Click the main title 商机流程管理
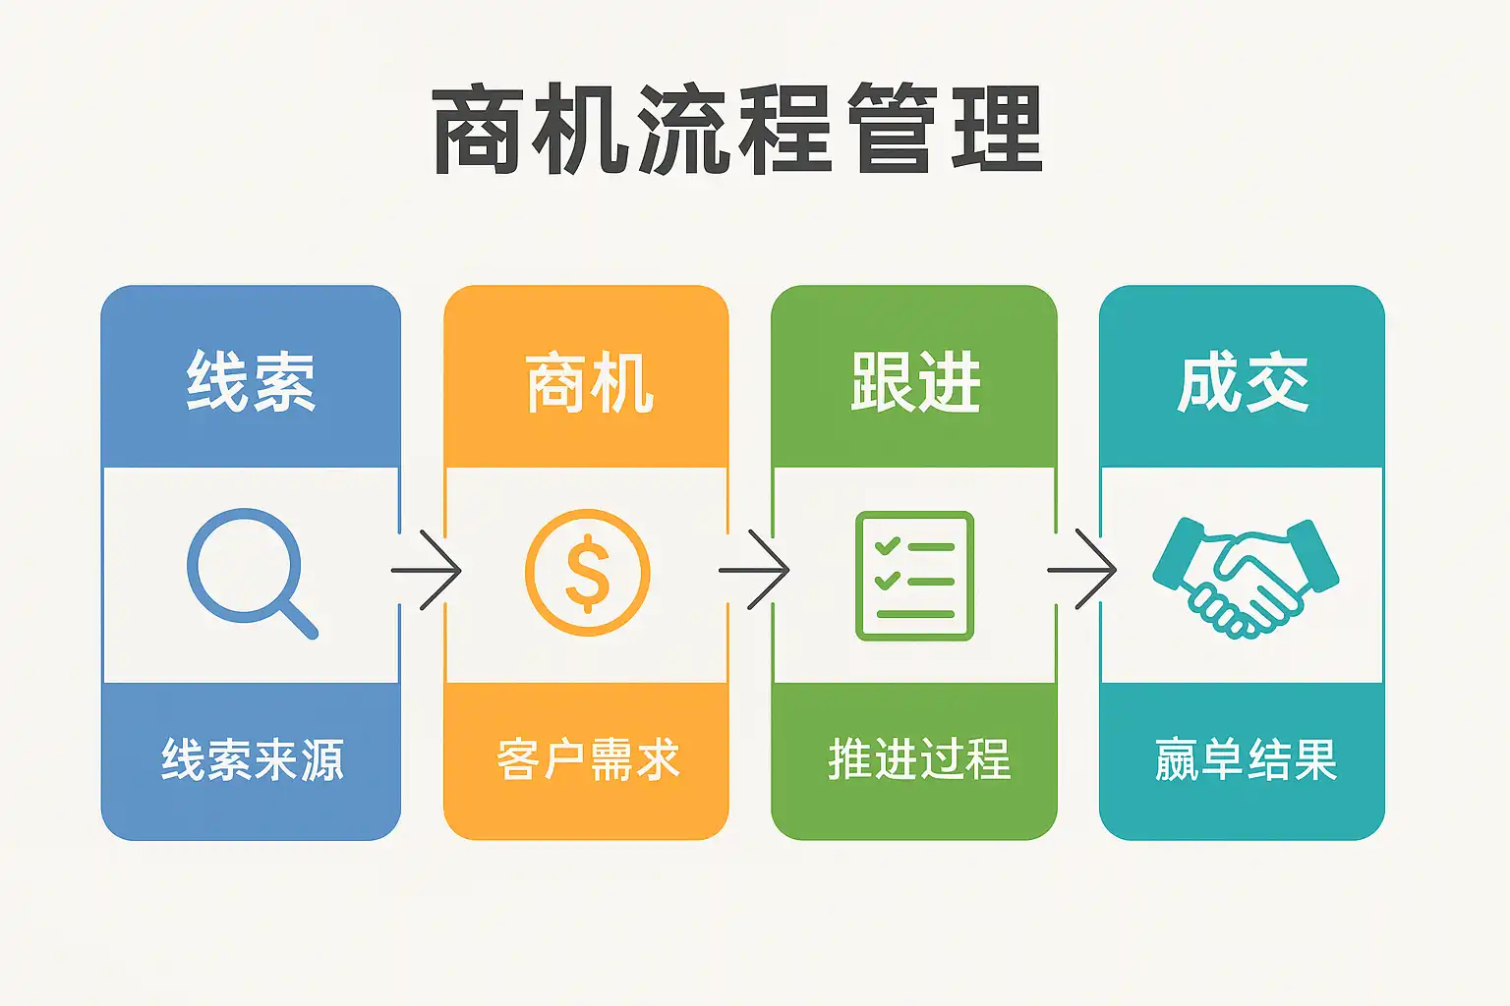737,129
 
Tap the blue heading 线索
252,381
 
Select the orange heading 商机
589,381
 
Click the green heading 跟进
915,381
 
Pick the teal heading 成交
1243,381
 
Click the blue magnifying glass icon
252,574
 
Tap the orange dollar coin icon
588,573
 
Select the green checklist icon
915,576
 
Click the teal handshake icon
1246,578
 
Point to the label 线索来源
252,759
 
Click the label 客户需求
588,759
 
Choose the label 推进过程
919,759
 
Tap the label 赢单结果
1246,759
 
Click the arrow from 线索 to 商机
426,570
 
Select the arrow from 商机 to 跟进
754,570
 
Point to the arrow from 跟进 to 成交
1081,570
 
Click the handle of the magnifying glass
298,619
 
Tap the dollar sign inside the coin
588,574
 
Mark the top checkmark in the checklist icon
887,545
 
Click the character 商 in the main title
476,129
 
